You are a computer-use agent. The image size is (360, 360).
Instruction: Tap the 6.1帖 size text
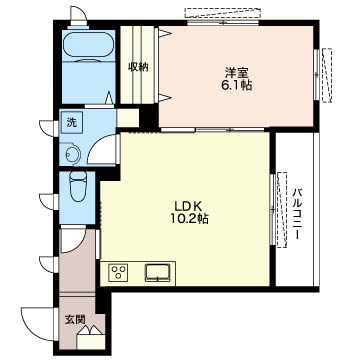click(x=236, y=86)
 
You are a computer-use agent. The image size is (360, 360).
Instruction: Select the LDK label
click(x=186, y=205)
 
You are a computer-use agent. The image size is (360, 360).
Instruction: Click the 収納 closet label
click(x=138, y=68)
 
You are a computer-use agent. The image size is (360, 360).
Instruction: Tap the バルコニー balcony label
click(x=297, y=214)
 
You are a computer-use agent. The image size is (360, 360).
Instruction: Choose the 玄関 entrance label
click(x=75, y=319)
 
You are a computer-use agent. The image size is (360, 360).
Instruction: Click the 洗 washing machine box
click(x=71, y=122)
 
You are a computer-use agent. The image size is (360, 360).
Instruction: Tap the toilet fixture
click(x=77, y=187)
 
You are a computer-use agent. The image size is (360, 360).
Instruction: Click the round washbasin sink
click(x=72, y=155)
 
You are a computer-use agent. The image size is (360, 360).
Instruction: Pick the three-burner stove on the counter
click(x=118, y=272)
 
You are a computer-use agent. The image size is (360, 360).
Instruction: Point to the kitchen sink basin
click(x=157, y=272)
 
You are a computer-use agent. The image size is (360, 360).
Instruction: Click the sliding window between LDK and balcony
click(x=273, y=209)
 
